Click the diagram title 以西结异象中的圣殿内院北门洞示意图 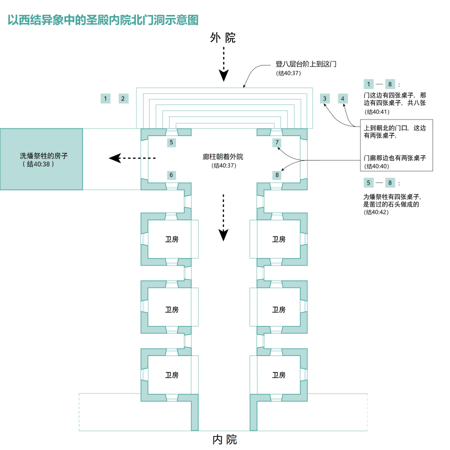coord(103,19)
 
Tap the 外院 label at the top coord(223,38)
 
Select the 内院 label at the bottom coord(225,440)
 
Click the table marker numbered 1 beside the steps coord(105,98)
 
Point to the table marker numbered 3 coord(325,98)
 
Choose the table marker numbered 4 coord(343,98)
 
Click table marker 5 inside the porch coord(171,142)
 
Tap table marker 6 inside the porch coord(171,175)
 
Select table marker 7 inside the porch coord(277,142)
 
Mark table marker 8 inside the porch coord(277,175)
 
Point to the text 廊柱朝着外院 coord(223,156)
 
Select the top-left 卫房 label coord(172,239)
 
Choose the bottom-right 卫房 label coord(278,375)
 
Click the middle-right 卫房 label coord(278,309)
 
